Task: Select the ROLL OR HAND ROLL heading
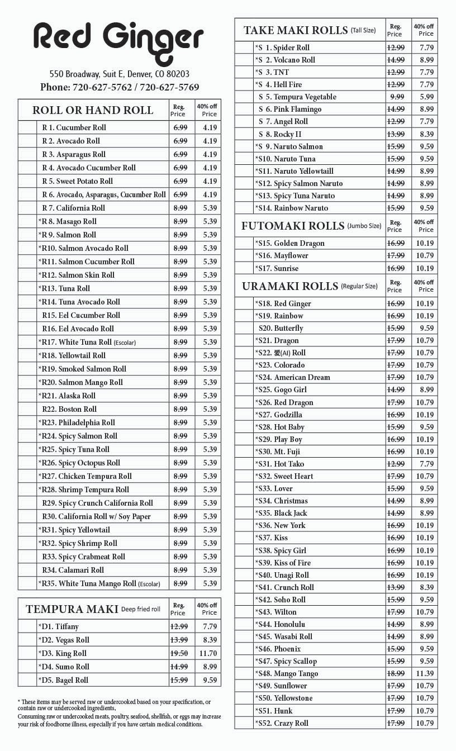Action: tap(93, 110)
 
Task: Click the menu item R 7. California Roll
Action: tap(74, 208)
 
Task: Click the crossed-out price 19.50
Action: tap(179, 653)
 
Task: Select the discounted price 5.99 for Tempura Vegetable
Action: tap(426, 97)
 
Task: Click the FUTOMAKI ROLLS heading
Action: tap(293, 226)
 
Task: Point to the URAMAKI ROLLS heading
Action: tap(290, 287)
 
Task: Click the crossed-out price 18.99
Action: tap(396, 673)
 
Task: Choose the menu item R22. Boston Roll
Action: tap(69, 409)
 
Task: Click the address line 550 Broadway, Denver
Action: tap(119, 74)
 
